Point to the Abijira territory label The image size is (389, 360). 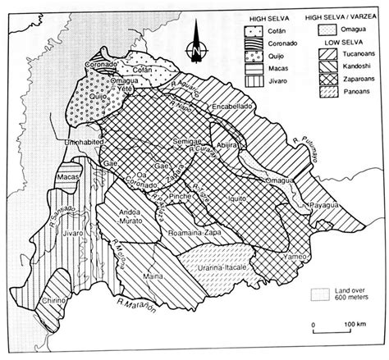point(226,141)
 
